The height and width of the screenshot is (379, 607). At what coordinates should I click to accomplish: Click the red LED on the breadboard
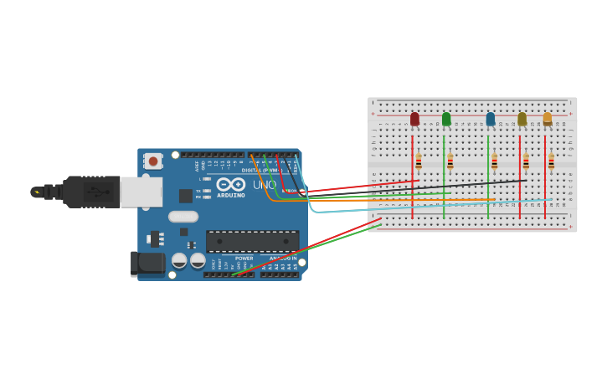(x=414, y=120)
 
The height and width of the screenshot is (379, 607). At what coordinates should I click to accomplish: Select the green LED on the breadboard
(x=446, y=120)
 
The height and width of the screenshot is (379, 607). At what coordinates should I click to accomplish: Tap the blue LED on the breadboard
(x=491, y=120)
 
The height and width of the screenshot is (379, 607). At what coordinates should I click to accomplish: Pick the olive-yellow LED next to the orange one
(x=522, y=120)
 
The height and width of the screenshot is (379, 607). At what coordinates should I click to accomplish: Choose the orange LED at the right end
(x=548, y=119)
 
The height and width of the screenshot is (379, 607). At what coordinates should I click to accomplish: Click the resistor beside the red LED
(x=419, y=161)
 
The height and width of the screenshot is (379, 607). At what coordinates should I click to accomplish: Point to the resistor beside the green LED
(x=450, y=161)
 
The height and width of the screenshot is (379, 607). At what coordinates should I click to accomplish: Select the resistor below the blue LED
(x=494, y=161)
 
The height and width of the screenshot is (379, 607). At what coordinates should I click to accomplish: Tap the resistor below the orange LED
(x=551, y=161)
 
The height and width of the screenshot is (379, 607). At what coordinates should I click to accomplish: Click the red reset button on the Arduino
(x=152, y=161)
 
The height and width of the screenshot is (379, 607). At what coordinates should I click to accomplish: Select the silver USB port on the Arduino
(x=141, y=192)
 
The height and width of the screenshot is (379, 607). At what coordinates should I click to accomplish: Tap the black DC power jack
(x=147, y=264)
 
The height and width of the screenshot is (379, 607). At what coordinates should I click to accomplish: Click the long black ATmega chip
(x=252, y=241)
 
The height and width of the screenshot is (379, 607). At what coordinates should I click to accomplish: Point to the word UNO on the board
(x=265, y=185)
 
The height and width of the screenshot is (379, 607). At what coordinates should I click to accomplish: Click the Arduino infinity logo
(x=230, y=185)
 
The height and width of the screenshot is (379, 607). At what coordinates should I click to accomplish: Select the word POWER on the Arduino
(x=244, y=259)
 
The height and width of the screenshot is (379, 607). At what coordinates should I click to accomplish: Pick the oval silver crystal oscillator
(x=183, y=217)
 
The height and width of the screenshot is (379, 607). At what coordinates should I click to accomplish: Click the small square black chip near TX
(x=185, y=196)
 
